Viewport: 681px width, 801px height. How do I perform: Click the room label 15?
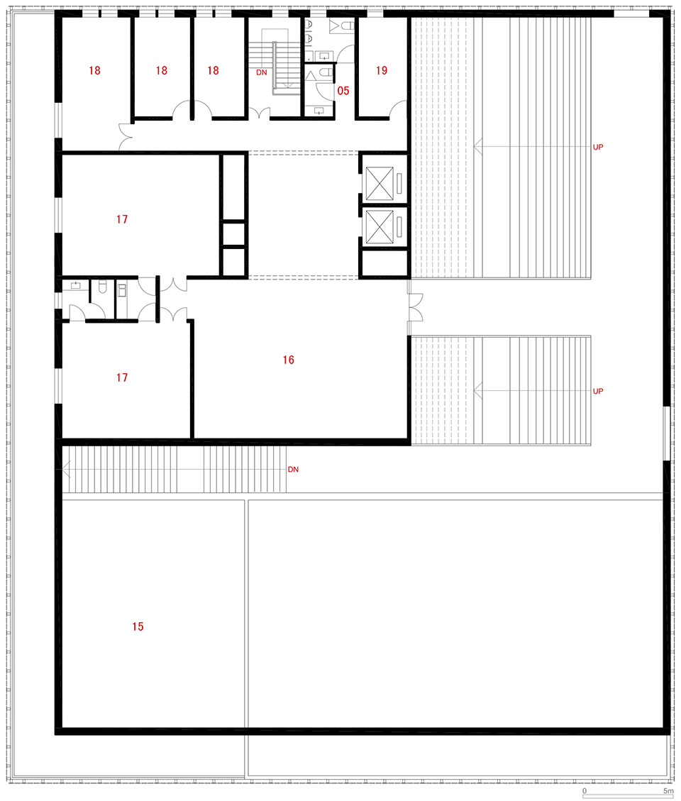coord(138,626)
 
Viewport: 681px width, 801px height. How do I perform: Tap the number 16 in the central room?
coord(288,360)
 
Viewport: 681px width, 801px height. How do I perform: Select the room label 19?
coord(382,70)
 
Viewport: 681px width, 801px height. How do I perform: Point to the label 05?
coord(343,91)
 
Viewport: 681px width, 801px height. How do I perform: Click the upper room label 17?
coord(121,219)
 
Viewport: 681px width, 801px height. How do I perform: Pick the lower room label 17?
coord(121,377)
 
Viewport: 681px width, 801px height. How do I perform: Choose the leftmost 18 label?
coord(94,70)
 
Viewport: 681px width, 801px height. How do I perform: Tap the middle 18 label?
coord(162,70)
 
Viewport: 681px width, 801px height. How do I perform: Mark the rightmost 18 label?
coord(213,70)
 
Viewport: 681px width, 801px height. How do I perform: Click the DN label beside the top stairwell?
coord(262,72)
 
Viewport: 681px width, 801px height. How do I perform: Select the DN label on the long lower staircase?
coord(293,469)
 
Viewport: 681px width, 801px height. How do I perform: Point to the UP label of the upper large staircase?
coord(598,147)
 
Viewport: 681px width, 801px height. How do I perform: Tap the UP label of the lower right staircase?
coord(598,392)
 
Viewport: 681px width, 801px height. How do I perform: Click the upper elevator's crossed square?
coord(380,183)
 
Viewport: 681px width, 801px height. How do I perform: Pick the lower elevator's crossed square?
coord(380,227)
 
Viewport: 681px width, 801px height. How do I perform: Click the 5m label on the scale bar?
coord(668,791)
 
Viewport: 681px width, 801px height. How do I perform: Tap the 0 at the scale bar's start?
coord(585,791)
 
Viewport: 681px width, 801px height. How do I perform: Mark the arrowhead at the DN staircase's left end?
coord(65,469)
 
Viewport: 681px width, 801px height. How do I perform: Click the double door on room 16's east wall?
coord(415,307)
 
